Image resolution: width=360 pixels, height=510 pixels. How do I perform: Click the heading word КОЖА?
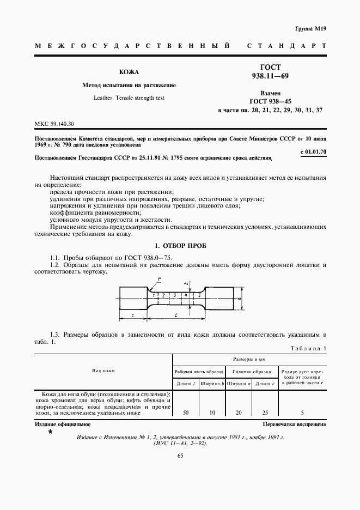click(129, 72)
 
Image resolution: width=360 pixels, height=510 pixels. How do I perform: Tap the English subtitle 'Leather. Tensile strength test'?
click(129, 98)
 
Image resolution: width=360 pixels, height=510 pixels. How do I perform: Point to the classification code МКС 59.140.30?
click(54, 124)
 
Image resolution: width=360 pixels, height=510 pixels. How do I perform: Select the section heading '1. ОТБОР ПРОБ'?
click(180, 246)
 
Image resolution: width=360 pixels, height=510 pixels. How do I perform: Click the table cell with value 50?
click(186, 413)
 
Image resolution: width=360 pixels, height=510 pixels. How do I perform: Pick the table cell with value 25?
click(265, 413)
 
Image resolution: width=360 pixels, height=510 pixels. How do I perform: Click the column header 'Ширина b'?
click(212, 383)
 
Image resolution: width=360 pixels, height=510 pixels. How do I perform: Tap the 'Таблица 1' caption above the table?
click(308, 348)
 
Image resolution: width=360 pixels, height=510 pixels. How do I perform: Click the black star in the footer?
click(50, 432)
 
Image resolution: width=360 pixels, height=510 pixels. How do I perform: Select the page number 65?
click(180, 456)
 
